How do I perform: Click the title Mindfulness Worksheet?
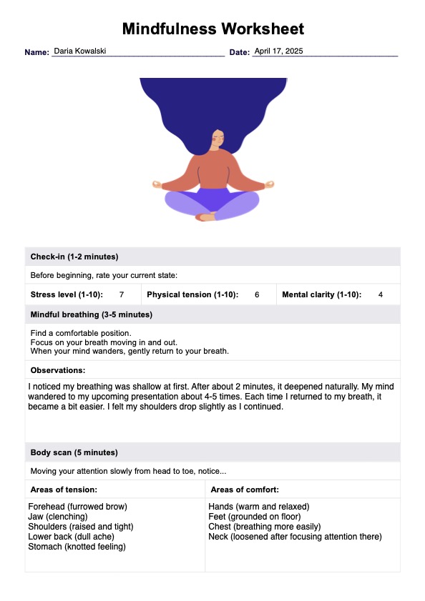click(x=212, y=29)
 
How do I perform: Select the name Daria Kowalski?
click(x=80, y=51)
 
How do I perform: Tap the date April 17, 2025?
click(x=279, y=51)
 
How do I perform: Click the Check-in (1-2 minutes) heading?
click(x=74, y=257)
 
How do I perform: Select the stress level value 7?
click(x=122, y=294)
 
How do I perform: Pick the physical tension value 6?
click(x=257, y=294)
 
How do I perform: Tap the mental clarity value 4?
click(x=381, y=294)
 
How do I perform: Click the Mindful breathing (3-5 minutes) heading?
click(x=91, y=314)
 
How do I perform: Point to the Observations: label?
click(x=58, y=370)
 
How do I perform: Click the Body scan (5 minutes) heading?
click(x=74, y=452)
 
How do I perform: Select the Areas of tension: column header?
click(x=64, y=490)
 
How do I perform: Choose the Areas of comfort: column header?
click(x=245, y=490)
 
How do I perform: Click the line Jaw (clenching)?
click(x=58, y=517)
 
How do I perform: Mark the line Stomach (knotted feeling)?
click(x=77, y=547)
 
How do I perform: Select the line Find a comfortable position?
click(x=81, y=333)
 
